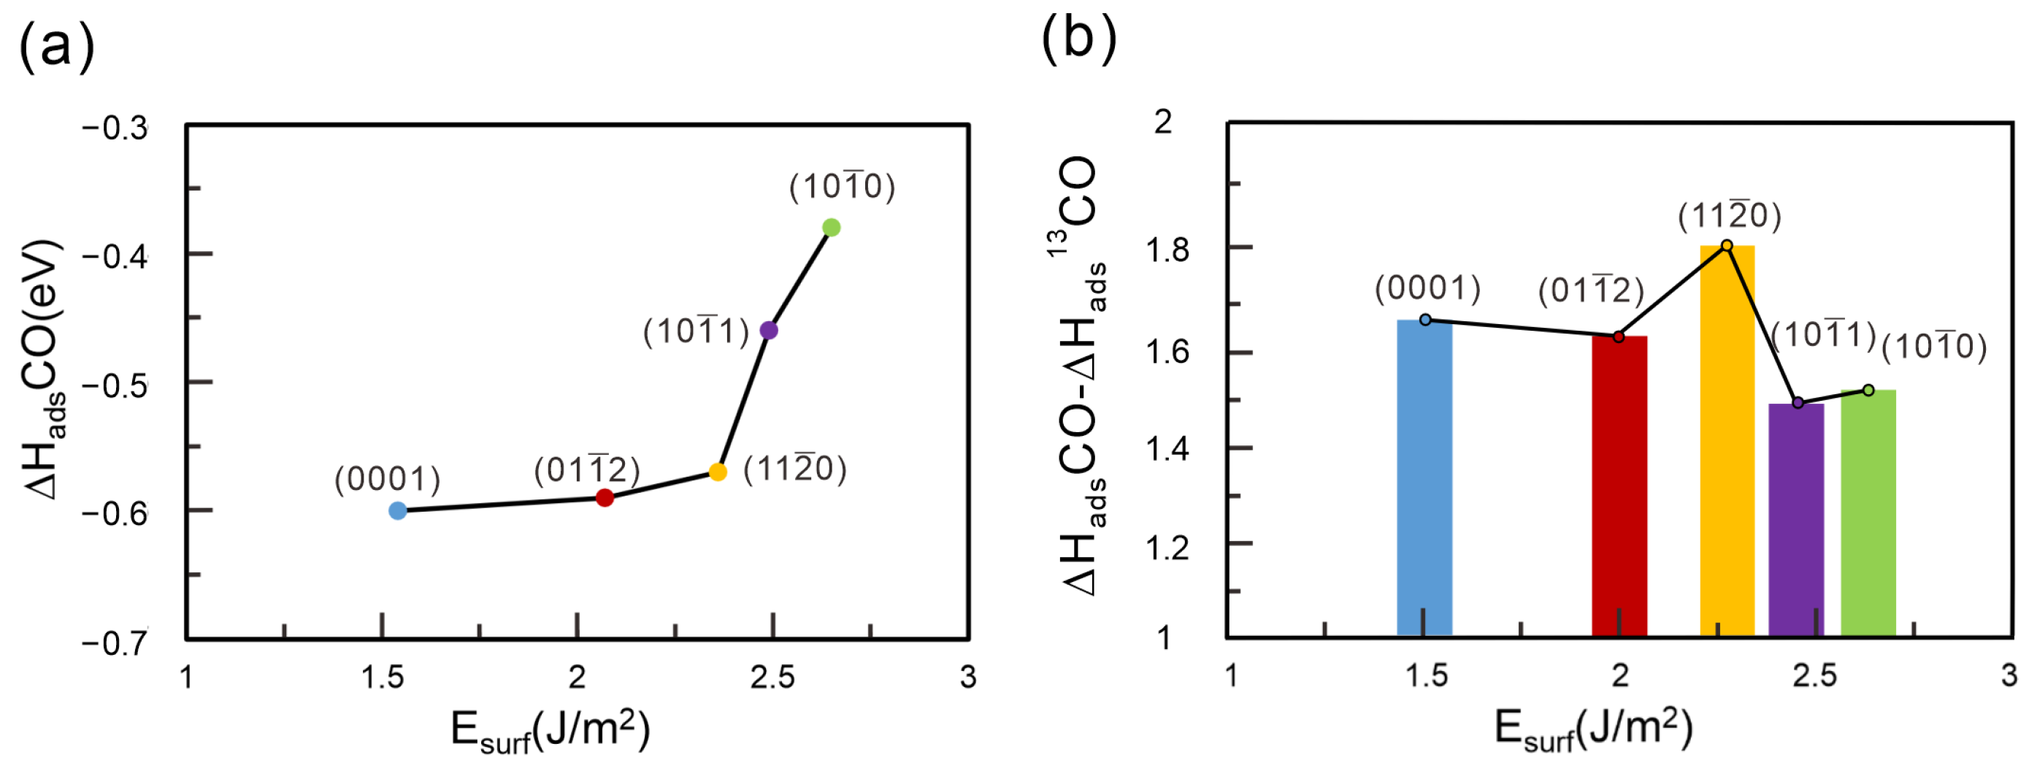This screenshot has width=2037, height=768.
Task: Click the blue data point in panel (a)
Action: click(x=398, y=511)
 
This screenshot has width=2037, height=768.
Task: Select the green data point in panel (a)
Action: click(x=831, y=228)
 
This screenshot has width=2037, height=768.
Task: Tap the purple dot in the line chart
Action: click(x=769, y=331)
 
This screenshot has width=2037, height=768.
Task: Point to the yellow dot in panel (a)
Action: click(x=718, y=472)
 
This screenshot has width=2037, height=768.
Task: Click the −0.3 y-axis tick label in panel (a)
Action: click(x=115, y=128)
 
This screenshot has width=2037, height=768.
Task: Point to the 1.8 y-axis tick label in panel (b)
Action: click(x=1167, y=250)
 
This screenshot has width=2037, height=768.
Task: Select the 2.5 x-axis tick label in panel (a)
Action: click(x=772, y=677)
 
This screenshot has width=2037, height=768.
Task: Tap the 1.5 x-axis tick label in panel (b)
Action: click(x=1427, y=676)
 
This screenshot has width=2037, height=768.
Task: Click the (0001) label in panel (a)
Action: click(x=388, y=480)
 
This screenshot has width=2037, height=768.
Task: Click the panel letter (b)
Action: click(x=1078, y=39)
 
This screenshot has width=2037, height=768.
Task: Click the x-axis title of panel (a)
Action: click(x=551, y=730)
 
